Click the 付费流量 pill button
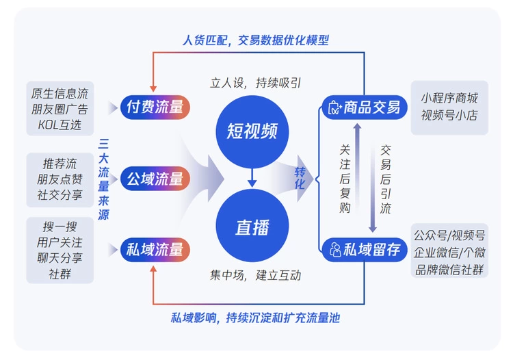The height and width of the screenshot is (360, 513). click(x=155, y=107)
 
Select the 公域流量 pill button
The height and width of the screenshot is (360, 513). click(x=155, y=179)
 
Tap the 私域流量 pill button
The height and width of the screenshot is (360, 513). click(x=155, y=250)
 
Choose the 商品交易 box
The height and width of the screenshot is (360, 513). click(x=364, y=107)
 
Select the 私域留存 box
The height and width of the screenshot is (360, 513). click(x=364, y=250)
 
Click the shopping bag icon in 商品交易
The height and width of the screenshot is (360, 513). click(x=334, y=107)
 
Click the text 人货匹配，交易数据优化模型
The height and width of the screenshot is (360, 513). click(x=256, y=40)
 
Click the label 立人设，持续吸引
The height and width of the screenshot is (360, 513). click(x=255, y=83)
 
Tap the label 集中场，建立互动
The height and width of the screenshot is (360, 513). click(x=255, y=276)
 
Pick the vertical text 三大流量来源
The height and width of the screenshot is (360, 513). click(x=104, y=179)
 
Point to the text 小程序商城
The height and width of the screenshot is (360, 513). click(x=449, y=99)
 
